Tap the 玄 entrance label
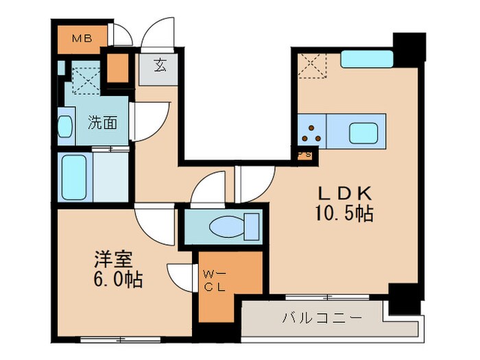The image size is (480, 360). pos(160,67)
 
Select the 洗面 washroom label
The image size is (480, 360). pos(101,123)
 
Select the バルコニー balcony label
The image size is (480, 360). pos(313,318)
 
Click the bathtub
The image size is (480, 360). pos(73,177)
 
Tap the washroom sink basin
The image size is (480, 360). pos(64,128)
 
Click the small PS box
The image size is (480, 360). pos(304,154)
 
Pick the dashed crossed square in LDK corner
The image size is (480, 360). pos(312,64)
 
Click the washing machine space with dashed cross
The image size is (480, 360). pos(84,77)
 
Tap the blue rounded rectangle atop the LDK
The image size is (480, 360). pos(366,60)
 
